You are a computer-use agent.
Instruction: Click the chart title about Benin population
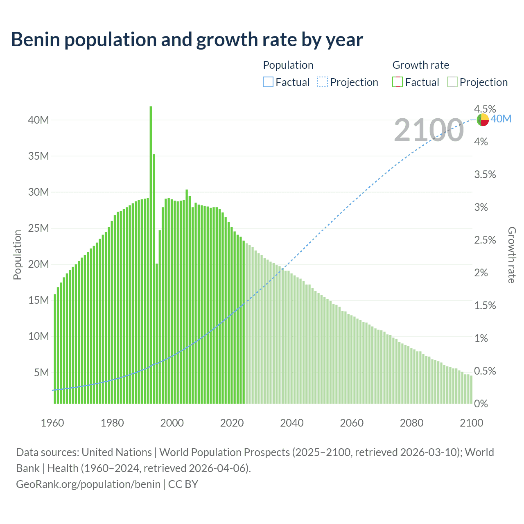[x=187, y=40]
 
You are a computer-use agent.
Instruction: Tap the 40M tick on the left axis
[x=38, y=120]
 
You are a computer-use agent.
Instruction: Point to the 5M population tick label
[x=41, y=373]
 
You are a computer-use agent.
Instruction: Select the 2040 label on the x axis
[x=291, y=423]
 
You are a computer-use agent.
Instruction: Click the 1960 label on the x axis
[x=52, y=423]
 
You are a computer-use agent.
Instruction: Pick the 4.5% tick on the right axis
[x=485, y=109]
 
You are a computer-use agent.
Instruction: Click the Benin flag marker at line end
[x=483, y=120]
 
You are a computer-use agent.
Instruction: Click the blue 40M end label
[x=501, y=119]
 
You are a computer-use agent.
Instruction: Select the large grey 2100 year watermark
[x=429, y=130]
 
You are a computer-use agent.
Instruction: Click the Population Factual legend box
[x=268, y=82]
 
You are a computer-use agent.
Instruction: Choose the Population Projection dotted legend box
[x=323, y=82]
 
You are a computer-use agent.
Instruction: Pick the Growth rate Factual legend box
[x=397, y=82]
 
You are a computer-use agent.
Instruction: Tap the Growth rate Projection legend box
[x=452, y=82]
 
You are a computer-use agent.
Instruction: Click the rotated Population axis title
[x=17, y=255]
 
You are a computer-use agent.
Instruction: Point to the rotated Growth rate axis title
[x=511, y=255]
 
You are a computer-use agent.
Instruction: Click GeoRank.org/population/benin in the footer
[x=88, y=484]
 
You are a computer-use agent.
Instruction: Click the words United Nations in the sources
[x=117, y=452]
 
